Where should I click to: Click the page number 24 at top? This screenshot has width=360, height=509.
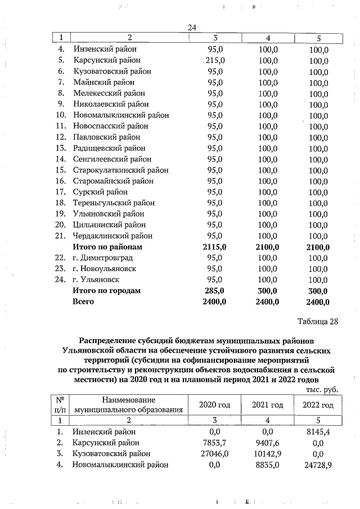(191, 28)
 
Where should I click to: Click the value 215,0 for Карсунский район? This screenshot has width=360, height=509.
(215, 60)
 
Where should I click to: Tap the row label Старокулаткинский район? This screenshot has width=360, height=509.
(120, 170)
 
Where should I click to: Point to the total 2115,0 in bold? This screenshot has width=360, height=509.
(214, 247)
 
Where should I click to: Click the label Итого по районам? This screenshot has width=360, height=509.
(107, 247)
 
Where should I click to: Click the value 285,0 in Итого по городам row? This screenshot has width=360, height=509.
(214, 291)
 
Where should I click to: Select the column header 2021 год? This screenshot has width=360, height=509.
(267, 405)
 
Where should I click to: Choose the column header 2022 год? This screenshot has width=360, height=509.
(318, 405)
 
